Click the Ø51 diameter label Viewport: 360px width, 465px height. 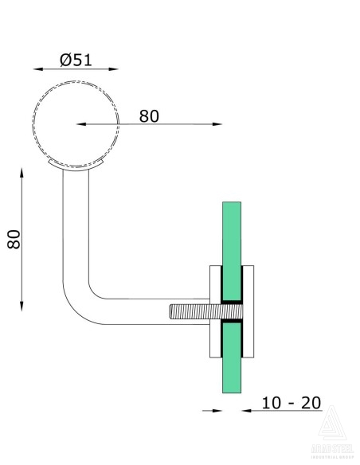pos(77,60)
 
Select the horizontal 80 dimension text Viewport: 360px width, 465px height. pos(149,115)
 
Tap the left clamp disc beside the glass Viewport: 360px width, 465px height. pos(213,311)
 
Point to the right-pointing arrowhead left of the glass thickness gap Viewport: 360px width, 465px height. pos(216,411)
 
